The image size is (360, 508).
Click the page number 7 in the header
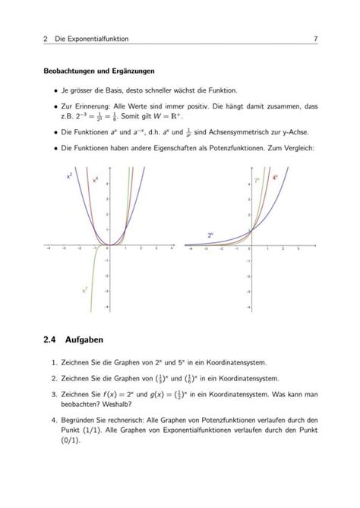click(x=314, y=39)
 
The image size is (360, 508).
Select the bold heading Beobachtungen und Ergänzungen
click(x=99, y=71)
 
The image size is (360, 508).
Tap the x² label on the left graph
click(x=70, y=175)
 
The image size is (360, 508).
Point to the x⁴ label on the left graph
click(x=95, y=180)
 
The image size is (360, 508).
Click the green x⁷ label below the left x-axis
click(x=84, y=289)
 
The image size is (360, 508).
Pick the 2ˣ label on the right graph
click(x=210, y=235)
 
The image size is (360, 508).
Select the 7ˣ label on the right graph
click(x=257, y=181)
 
